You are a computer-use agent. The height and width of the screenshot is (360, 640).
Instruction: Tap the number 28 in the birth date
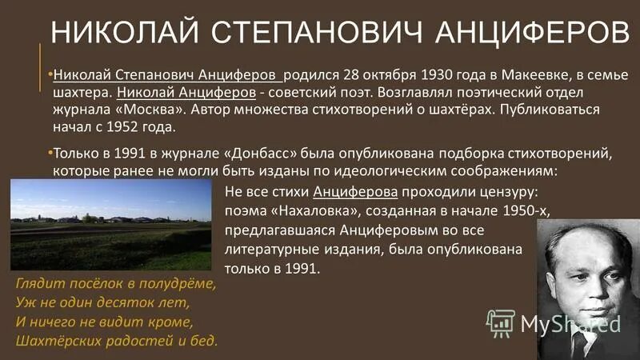coord(351,77)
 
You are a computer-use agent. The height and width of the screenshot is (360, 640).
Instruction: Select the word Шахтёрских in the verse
coord(54,341)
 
